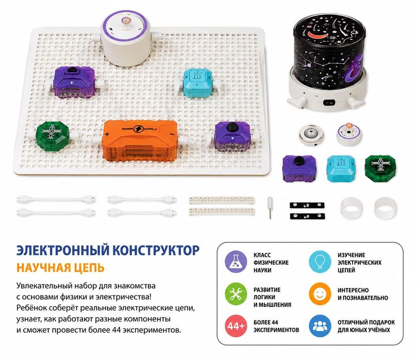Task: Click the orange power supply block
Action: pyautogui.click(x=140, y=140)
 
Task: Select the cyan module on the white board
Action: pyautogui.click(x=197, y=82)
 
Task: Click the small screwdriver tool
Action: pyautogui.click(x=270, y=208)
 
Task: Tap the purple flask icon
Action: pyautogui.click(x=236, y=262)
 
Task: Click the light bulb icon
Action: pyautogui.click(x=320, y=262)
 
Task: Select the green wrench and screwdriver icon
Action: pyautogui.click(x=236, y=294)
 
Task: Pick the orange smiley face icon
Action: pyautogui.click(x=320, y=294)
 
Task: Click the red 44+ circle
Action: pyautogui.click(x=236, y=326)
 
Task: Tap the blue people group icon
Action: pyautogui.click(x=320, y=326)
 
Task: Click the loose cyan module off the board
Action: pyautogui.click(x=341, y=169)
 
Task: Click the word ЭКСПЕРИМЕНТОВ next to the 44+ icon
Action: pyautogui.click(x=276, y=330)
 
